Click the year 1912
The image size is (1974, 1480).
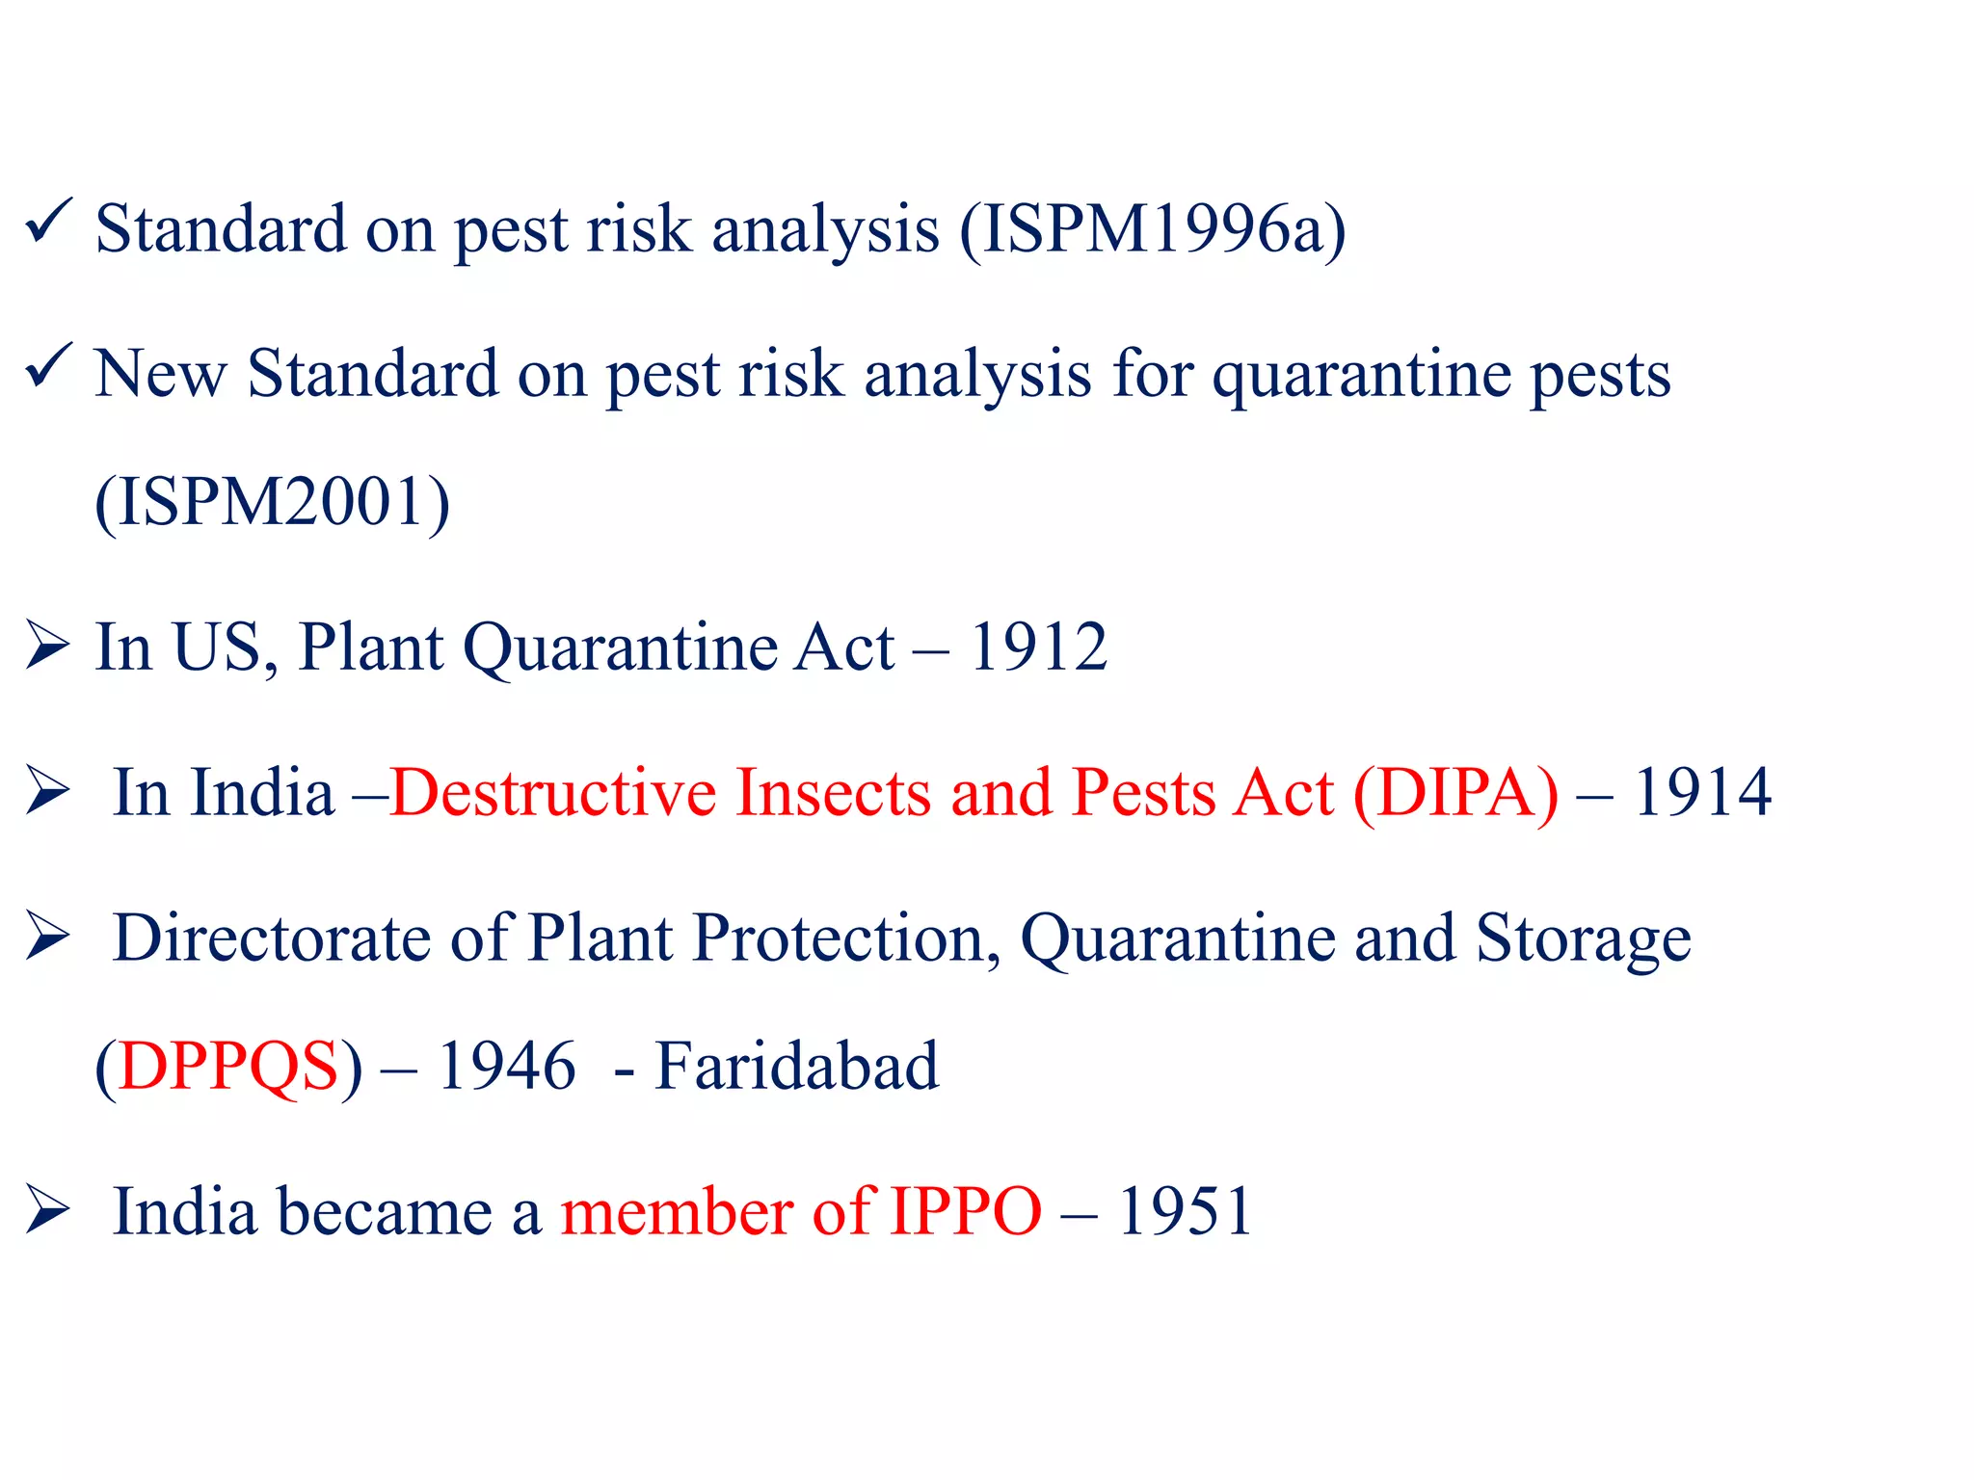pos(1038,647)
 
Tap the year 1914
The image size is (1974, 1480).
pos(1702,793)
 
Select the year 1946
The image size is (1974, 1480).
pos(507,1067)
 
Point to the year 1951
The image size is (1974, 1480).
pos(1185,1211)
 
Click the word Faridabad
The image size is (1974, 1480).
pos(796,1067)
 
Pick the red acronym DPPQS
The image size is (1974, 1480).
pos(228,1067)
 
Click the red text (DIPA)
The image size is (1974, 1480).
pos(1455,793)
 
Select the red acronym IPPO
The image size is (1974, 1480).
pos(965,1211)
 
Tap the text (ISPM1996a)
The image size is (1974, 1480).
pos(1153,230)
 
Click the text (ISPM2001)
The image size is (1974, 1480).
pos(273,502)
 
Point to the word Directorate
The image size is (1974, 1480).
pos(272,938)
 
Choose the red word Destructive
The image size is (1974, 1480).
pos(553,793)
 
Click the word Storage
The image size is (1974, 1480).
pos(1583,939)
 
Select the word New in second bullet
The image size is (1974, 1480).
pos(160,374)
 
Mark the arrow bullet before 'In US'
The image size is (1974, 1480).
pos(47,646)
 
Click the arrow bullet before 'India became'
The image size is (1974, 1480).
pos(47,1209)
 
